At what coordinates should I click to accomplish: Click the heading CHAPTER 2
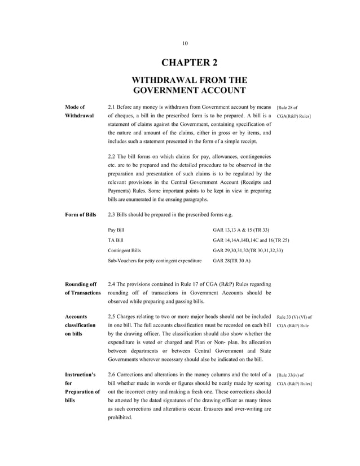(185, 63)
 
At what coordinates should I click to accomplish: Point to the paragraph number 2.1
(112, 105)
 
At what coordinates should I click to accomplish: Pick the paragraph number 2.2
(112, 155)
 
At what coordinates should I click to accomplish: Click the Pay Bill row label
(116, 230)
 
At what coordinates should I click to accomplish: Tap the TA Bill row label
(116, 240)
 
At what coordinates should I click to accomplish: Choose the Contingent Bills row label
(124, 250)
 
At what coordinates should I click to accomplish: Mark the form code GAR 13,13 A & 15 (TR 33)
(241, 230)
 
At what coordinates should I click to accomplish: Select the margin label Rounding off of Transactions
(82, 288)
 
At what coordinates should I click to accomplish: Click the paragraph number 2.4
(112, 283)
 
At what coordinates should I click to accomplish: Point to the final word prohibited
(120, 417)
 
